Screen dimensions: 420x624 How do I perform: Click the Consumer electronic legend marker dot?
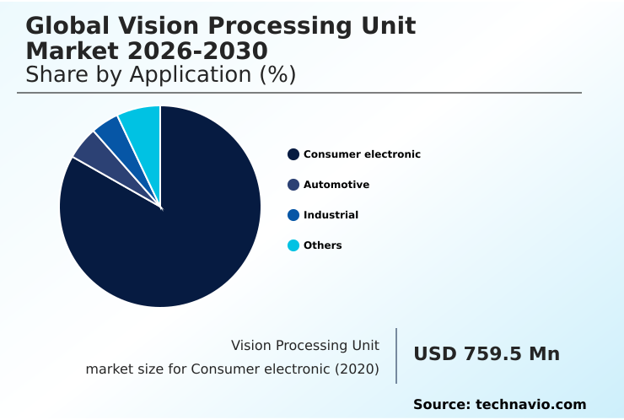[x=293, y=154]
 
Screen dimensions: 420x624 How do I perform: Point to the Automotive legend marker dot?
[x=293, y=185]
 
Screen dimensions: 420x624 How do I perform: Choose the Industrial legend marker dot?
[x=293, y=215]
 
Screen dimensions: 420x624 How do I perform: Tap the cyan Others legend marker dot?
[x=293, y=245]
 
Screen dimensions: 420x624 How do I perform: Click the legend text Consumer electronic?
[x=362, y=154]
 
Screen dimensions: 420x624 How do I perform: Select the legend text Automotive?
[x=336, y=185]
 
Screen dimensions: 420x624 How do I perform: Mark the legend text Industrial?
[x=331, y=215]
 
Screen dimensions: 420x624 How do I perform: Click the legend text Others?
[x=323, y=245]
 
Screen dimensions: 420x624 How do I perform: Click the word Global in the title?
[x=74, y=26]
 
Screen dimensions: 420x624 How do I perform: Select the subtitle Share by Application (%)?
[x=160, y=74]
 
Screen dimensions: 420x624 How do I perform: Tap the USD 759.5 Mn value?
[x=487, y=354]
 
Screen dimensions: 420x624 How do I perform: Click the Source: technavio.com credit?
[x=499, y=405]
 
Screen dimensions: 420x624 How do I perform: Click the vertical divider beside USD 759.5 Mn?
[x=396, y=356]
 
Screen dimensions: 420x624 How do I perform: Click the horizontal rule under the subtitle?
[x=299, y=93]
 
